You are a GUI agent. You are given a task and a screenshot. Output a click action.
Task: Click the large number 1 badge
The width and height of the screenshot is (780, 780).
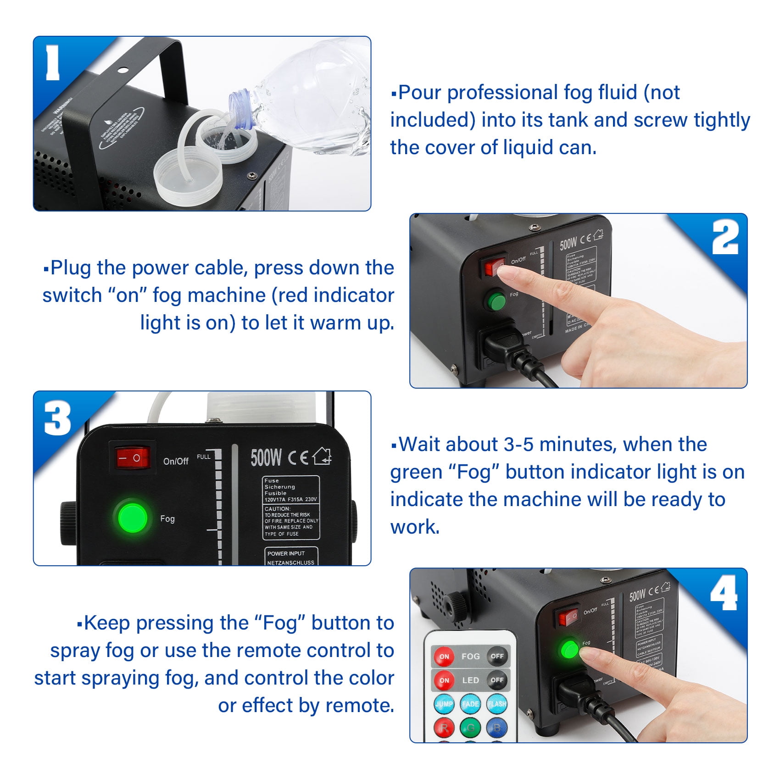coord(53,63)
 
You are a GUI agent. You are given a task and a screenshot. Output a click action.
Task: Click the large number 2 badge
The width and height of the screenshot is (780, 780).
coord(725,237)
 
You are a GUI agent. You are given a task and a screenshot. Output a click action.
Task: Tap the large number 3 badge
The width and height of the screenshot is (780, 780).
coord(57,418)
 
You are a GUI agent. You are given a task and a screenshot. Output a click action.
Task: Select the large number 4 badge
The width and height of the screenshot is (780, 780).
coord(724,593)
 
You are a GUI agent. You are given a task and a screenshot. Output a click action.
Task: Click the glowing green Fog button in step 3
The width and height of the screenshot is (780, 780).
coord(133,518)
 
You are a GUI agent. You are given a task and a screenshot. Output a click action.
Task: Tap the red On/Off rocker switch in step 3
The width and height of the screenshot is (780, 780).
coord(132,457)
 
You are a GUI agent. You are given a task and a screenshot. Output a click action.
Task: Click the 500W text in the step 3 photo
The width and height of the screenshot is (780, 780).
coord(266,457)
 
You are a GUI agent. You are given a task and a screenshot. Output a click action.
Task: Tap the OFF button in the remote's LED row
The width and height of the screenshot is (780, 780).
coord(497,680)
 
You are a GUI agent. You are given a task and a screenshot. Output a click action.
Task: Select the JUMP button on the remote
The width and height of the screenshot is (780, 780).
coord(444,704)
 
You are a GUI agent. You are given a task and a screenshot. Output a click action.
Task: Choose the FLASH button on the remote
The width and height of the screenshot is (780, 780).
coord(497,704)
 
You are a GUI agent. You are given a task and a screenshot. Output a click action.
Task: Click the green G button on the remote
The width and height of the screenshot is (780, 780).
coord(470,727)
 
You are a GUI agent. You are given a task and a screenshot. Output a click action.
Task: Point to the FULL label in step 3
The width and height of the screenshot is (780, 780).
coord(203,457)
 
